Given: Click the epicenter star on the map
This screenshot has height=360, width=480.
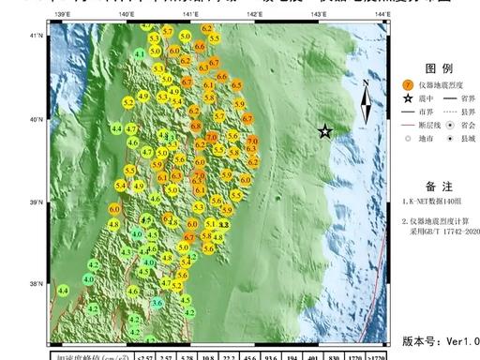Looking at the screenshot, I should [325, 132].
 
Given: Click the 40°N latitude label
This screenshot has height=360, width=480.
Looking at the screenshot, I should [38, 120].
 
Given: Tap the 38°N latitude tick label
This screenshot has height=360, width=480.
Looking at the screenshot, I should [38, 284].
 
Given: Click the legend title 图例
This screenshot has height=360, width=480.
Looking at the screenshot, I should [413, 68].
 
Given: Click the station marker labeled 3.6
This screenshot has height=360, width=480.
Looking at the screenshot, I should [157, 302].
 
